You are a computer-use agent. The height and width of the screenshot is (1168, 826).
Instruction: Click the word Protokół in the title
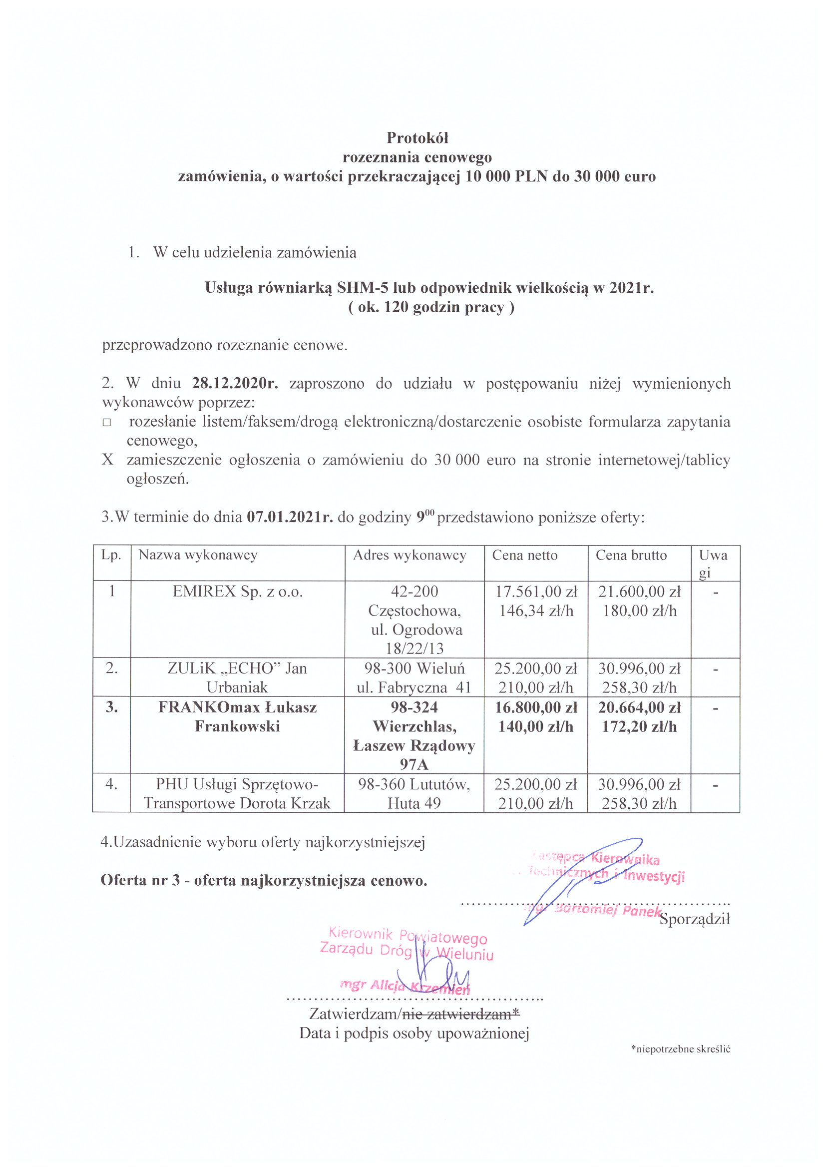pyautogui.click(x=417, y=138)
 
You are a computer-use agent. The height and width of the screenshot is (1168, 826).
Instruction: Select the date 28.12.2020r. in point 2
pyautogui.click(x=235, y=383)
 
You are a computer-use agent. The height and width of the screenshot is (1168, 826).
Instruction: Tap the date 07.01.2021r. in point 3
pyautogui.click(x=290, y=517)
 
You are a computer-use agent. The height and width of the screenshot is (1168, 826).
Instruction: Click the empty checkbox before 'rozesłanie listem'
pyautogui.click(x=107, y=422)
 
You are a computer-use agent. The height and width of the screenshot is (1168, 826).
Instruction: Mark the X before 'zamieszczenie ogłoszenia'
pyautogui.click(x=107, y=460)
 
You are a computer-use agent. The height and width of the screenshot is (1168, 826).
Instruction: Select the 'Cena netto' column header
pyautogui.click(x=524, y=555)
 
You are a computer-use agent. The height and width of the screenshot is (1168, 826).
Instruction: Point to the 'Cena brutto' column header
pyautogui.click(x=631, y=555)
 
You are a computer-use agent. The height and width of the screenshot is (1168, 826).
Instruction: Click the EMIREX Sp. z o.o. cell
pyautogui.click(x=238, y=591)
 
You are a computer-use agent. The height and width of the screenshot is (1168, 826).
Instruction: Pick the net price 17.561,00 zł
pyautogui.click(x=536, y=591)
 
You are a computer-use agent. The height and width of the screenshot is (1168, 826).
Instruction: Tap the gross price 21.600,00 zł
pyautogui.click(x=639, y=591)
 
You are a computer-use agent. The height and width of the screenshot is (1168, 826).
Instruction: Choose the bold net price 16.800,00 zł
pyautogui.click(x=536, y=707)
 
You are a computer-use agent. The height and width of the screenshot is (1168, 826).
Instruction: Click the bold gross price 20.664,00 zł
pyautogui.click(x=639, y=707)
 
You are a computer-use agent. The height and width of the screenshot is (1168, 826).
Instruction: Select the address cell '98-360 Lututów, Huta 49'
pyautogui.click(x=414, y=793)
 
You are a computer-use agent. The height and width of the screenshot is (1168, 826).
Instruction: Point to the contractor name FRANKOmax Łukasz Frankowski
pyautogui.click(x=238, y=716)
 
